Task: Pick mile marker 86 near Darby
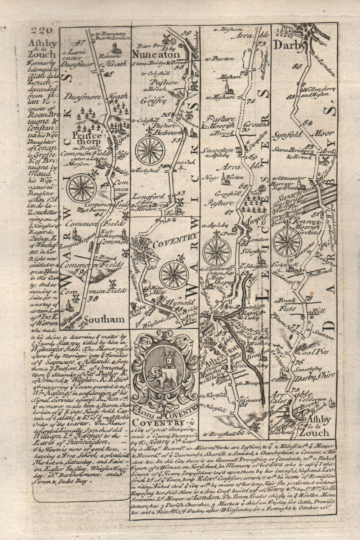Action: pos(297,66)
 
